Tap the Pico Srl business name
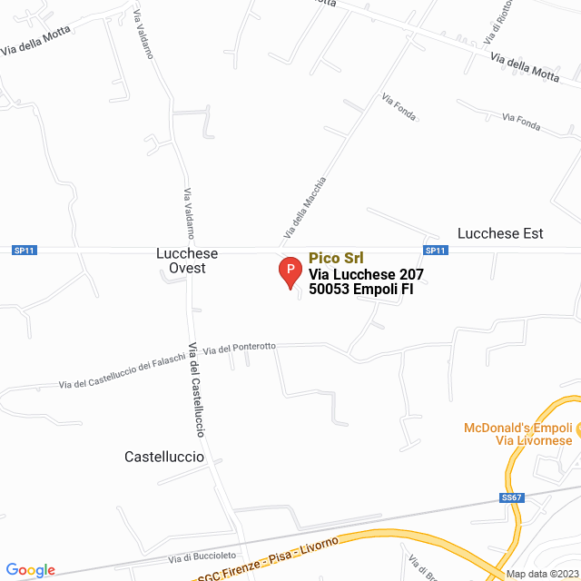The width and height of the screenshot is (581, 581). [x=336, y=258]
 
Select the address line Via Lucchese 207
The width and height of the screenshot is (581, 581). [x=366, y=274]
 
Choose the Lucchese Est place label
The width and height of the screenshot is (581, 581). [x=500, y=233]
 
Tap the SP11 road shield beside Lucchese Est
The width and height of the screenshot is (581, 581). [x=435, y=251]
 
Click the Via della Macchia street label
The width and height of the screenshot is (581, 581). [x=304, y=207]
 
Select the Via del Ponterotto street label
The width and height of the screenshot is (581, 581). [x=240, y=348]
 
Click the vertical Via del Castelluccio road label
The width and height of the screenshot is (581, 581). [x=198, y=389]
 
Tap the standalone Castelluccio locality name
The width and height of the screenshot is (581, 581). [x=164, y=458]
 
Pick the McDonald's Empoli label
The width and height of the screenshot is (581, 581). [x=518, y=427]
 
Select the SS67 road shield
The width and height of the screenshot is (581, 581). [x=512, y=497]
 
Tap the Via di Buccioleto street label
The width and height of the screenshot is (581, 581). [x=202, y=556]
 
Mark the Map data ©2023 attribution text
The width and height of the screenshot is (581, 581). [x=541, y=574]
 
